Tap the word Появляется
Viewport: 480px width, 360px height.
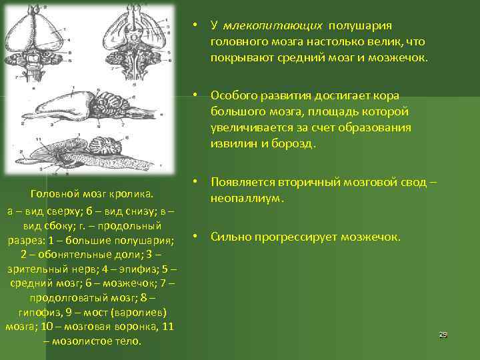coord(241,182)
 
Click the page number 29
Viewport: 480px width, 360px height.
coord(443,334)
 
